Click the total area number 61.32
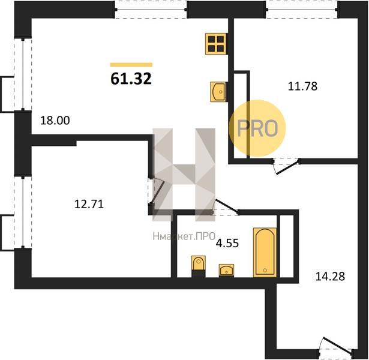coord(131,79)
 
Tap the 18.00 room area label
coord(55,121)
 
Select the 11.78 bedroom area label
coord(302,86)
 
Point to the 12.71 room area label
coord(89,204)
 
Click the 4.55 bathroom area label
coord(227,243)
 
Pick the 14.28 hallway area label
coord(330,276)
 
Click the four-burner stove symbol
coord(215,44)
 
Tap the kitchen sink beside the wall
coord(218,92)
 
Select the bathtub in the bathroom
coord(265,252)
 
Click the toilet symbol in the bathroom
coord(199,266)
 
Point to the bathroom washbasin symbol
coord(226,270)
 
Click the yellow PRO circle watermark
coord(257,128)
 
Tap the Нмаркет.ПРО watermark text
coord(184,236)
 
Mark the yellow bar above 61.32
coord(131,65)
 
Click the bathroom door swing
coord(226,207)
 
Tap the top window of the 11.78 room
coord(302,10)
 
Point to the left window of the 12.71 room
coord(23,213)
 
